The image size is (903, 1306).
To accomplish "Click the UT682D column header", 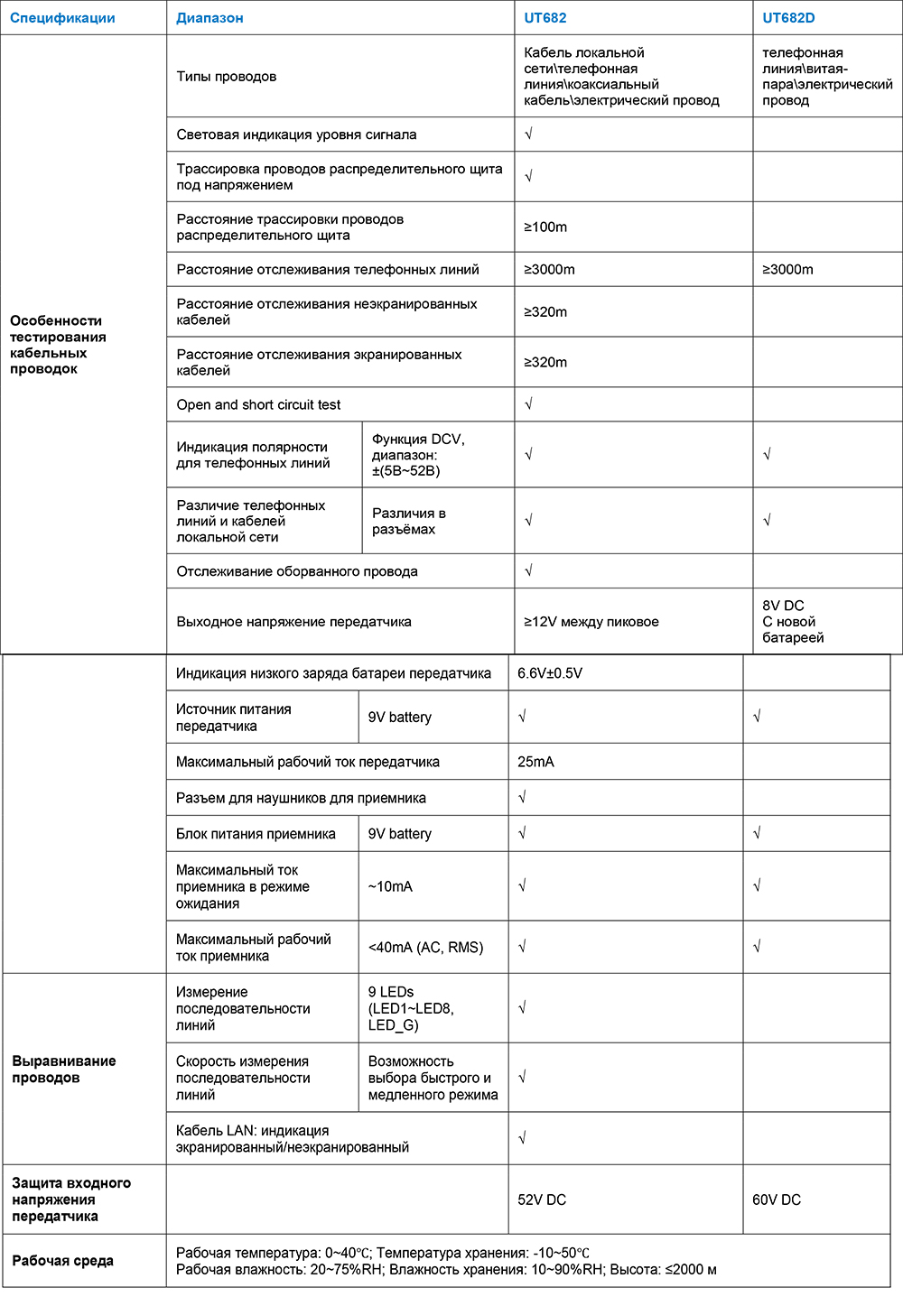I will (788, 18).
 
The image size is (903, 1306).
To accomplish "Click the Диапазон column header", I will (209, 18).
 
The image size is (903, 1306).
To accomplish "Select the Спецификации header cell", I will (62, 18).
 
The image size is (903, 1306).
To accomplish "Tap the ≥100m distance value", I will (545, 227).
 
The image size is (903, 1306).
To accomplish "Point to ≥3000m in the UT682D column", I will (787, 270).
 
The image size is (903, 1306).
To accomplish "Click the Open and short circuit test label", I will (258, 405).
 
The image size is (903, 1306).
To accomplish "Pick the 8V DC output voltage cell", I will (793, 622).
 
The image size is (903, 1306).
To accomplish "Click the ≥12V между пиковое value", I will (591, 622).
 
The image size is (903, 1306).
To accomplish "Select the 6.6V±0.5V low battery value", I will (550, 673).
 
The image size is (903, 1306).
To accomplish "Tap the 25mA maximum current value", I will (535, 762).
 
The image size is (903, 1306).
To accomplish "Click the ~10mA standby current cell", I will (390, 887).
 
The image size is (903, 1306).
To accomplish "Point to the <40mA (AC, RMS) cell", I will (425, 948).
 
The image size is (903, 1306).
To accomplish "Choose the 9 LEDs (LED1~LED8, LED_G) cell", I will (411, 1008).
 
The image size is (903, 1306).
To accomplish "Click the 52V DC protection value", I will (542, 1199).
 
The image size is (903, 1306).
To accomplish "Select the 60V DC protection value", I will (777, 1199).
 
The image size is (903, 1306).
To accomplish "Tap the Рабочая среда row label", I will (62, 1261).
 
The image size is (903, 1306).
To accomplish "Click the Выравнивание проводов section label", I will (63, 1070).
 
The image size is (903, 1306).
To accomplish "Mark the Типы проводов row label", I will (227, 77).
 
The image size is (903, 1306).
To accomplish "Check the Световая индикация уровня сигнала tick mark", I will (529, 134).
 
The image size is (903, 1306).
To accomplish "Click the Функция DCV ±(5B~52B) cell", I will (418, 455).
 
